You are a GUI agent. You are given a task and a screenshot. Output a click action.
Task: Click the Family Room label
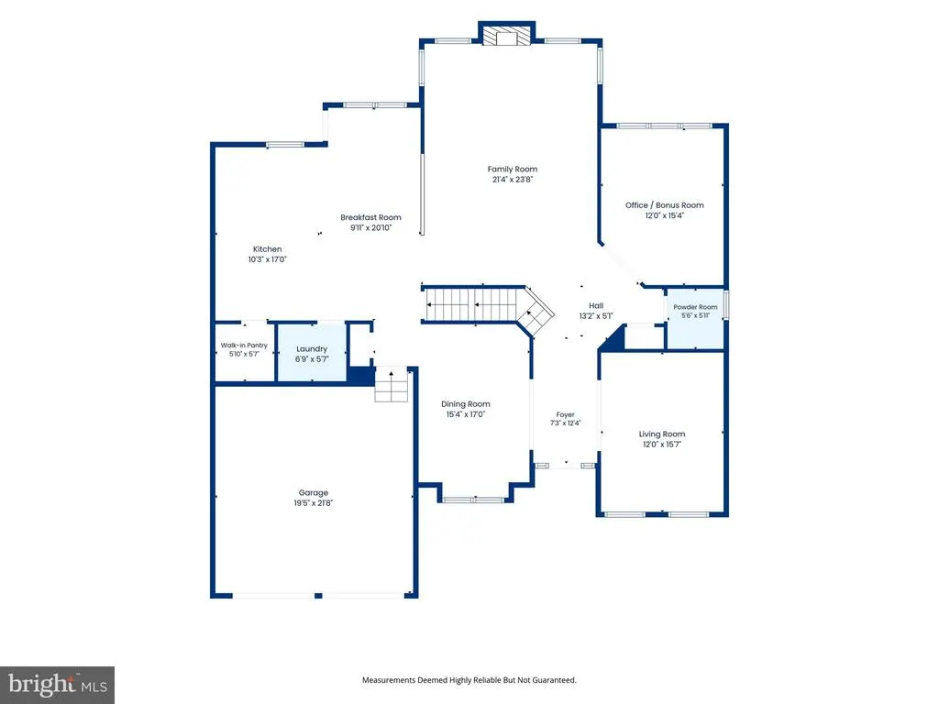(x=512, y=170)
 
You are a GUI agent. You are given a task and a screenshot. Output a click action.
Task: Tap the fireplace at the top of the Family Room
(x=506, y=36)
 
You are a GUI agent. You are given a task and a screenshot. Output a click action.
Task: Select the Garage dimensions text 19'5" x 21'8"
(x=314, y=503)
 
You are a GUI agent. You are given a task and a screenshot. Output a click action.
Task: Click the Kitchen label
(x=267, y=249)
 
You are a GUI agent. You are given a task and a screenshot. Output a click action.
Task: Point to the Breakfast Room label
(x=370, y=217)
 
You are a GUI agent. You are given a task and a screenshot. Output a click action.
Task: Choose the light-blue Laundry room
(x=312, y=353)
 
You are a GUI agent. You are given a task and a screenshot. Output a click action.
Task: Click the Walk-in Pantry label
(x=244, y=346)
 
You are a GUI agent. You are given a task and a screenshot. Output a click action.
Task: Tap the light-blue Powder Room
(x=695, y=319)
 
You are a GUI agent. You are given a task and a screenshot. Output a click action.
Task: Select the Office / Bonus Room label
(x=665, y=205)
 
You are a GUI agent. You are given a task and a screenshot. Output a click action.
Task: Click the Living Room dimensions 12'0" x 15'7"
(x=662, y=445)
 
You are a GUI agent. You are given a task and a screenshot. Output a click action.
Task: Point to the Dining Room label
(x=465, y=404)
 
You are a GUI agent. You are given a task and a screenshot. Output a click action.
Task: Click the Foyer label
(x=565, y=414)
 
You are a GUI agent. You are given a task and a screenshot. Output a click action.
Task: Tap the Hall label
(x=596, y=305)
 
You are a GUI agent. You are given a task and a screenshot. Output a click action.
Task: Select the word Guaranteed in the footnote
(x=557, y=680)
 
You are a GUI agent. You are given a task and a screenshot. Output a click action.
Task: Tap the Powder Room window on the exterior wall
(x=726, y=304)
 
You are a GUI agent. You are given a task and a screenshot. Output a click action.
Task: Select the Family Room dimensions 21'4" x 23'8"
(x=512, y=179)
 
